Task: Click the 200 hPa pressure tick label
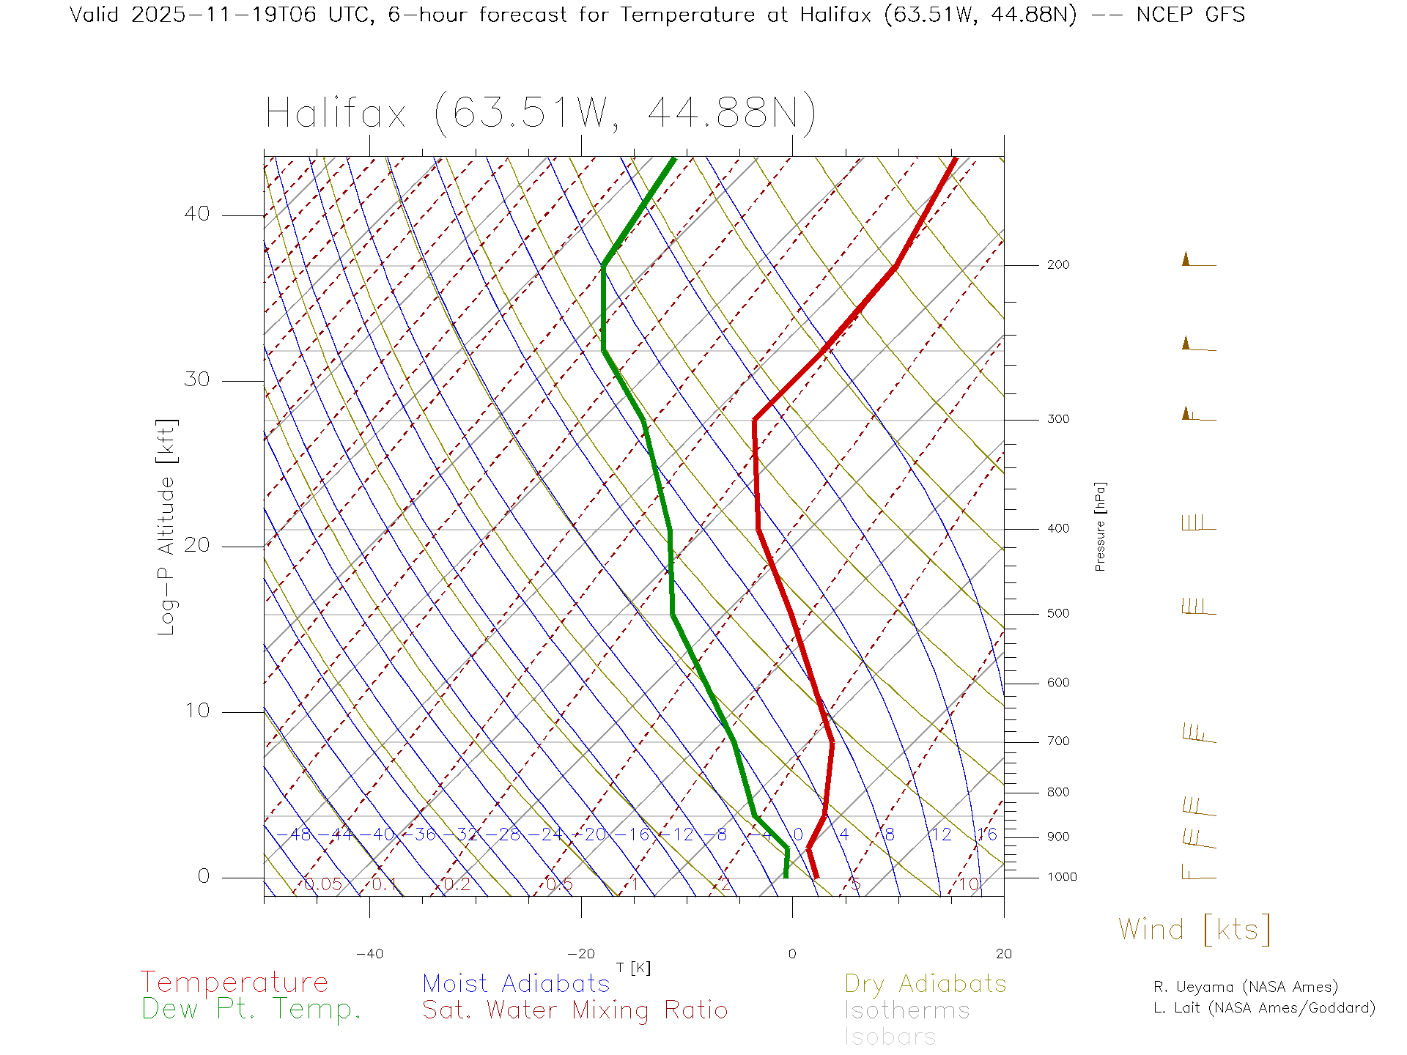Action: pyautogui.click(x=1057, y=265)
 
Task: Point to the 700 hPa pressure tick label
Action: pyautogui.click(x=1057, y=741)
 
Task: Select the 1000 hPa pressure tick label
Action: pyautogui.click(x=1061, y=877)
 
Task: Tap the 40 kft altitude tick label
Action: pyautogui.click(x=196, y=214)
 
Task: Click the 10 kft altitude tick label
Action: pyautogui.click(x=196, y=711)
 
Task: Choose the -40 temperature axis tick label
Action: pyautogui.click(x=369, y=954)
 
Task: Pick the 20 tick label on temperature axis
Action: pyautogui.click(x=1003, y=954)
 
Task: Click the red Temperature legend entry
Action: pyautogui.click(x=234, y=982)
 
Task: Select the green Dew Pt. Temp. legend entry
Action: pyautogui.click(x=251, y=1010)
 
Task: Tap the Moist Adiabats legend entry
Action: pyautogui.click(x=517, y=984)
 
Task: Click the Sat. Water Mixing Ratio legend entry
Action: pyautogui.click(x=575, y=1010)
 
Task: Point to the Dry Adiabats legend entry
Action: pyautogui.click(x=926, y=984)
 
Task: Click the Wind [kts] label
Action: pyautogui.click(x=1194, y=930)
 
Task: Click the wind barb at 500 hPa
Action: pyautogui.click(x=1197, y=607)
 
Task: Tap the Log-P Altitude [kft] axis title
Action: pyautogui.click(x=167, y=527)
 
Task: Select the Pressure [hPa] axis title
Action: pyautogui.click(x=1100, y=526)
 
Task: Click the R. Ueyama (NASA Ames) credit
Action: pyautogui.click(x=1245, y=987)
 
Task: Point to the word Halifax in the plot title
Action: pyautogui.click(x=336, y=114)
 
